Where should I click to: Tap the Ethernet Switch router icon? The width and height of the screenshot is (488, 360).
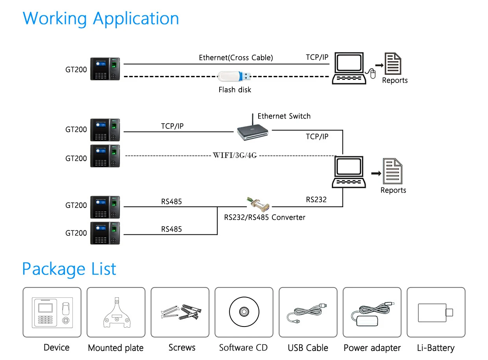(x=253, y=131)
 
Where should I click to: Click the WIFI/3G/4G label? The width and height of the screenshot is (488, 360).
(x=235, y=155)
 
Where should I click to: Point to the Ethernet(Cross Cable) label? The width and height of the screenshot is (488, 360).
(x=236, y=58)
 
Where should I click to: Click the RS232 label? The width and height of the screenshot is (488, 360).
(x=316, y=200)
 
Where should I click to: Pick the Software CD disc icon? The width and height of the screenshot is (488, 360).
(x=244, y=312)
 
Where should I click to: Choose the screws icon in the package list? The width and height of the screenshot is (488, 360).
(x=180, y=312)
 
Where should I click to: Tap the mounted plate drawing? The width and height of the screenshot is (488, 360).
(x=116, y=312)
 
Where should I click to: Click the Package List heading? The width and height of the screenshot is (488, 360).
(x=69, y=269)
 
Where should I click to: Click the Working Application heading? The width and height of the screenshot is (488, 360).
(x=101, y=19)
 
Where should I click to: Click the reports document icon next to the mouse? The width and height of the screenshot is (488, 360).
(x=393, y=63)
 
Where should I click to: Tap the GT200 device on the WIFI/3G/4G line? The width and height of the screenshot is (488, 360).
(x=105, y=156)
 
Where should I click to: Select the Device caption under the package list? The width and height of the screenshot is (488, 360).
(x=56, y=347)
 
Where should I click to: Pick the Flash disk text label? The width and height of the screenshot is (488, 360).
(x=235, y=90)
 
